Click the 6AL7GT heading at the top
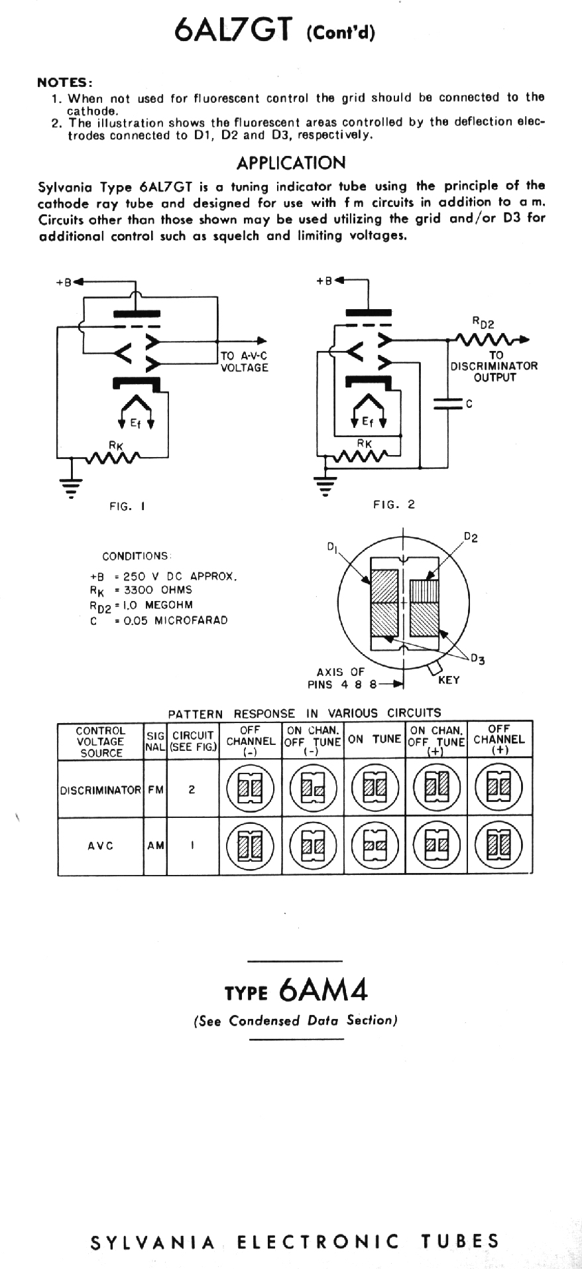point(276,31)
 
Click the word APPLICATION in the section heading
point(291,163)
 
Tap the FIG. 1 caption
point(127,506)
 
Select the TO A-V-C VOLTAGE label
point(245,362)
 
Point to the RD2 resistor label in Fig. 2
point(483,322)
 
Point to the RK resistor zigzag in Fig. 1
point(113,457)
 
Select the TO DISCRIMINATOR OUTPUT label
point(494,366)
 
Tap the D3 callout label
point(477,659)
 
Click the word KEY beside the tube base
point(449,680)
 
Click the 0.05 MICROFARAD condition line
point(171,620)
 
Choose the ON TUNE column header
point(375,740)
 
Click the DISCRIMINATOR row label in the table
point(101,790)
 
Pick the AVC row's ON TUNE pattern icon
point(375,846)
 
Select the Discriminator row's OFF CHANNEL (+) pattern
point(499,789)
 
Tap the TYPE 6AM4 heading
point(296,990)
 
